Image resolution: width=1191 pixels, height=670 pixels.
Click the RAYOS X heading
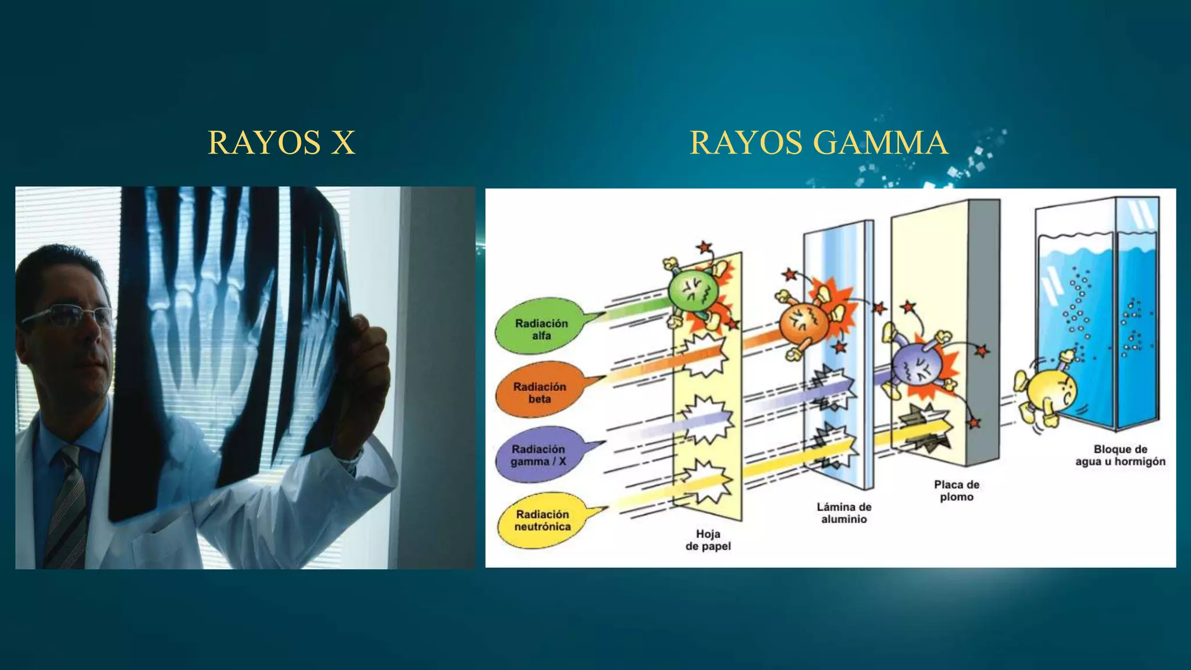click(281, 142)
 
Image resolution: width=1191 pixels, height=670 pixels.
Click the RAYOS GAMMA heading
click(819, 142)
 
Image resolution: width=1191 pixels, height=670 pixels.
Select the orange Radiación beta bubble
click(539, 391)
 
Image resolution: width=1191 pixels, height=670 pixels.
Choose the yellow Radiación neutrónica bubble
click(541, 520)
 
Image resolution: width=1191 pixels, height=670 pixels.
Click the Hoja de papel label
click(708, 540)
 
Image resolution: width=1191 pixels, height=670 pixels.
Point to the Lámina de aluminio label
click(844, 513)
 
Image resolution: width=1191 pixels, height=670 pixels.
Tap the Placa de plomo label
click(957, 490)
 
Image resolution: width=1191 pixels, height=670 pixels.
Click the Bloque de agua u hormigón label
click(1120, 455)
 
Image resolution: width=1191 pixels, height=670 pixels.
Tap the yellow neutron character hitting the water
click(1050, 393)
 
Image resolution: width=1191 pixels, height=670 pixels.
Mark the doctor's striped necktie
click(67, 506)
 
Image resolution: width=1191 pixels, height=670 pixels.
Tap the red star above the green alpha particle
click(705, 248)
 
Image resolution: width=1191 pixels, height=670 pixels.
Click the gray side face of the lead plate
click(983, 332)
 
